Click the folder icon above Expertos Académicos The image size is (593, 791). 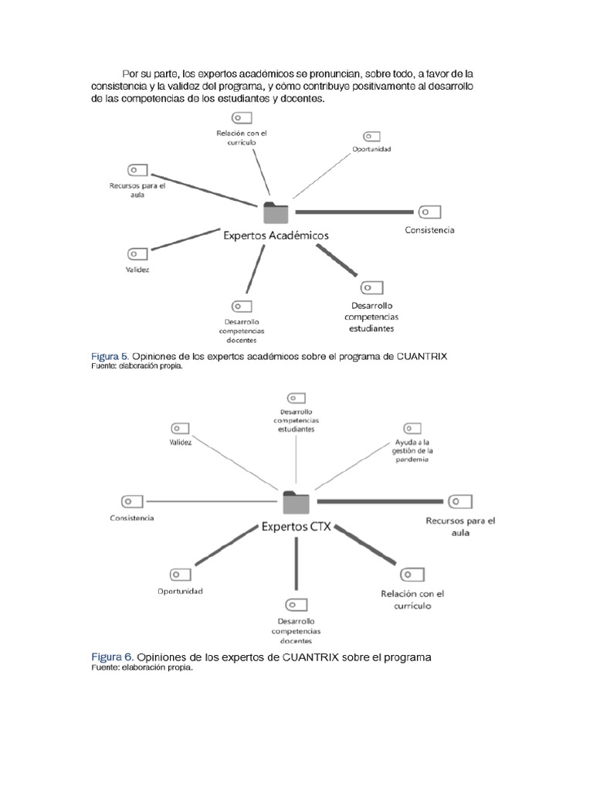coord(276,212)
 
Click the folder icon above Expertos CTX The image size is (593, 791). coord(296,502)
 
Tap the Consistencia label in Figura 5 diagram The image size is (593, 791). coord(429,230)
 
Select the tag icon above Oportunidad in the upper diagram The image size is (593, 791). coord(371,137)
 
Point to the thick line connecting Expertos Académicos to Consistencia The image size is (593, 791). coord(354,212)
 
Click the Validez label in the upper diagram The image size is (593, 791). coord(137,270)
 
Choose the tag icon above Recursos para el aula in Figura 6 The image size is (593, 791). coord(460,501)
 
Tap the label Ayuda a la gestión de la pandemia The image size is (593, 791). coord(412,450)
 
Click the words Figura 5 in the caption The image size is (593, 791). coord(110,356)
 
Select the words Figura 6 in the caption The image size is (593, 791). coord(113,657)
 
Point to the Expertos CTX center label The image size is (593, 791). coord(296,527)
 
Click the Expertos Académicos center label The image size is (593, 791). coord(276,236)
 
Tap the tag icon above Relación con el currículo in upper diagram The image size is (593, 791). coord(242,118)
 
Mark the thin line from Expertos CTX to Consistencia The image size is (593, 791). coord(212,501)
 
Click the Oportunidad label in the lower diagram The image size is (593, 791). coord(180,591)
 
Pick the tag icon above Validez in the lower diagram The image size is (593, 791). coord(180,428)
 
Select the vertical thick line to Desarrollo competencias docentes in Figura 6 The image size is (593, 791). coord(296,563)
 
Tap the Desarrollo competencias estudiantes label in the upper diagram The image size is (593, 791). coord(371,317)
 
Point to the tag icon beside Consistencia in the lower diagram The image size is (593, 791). coord(132,502)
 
